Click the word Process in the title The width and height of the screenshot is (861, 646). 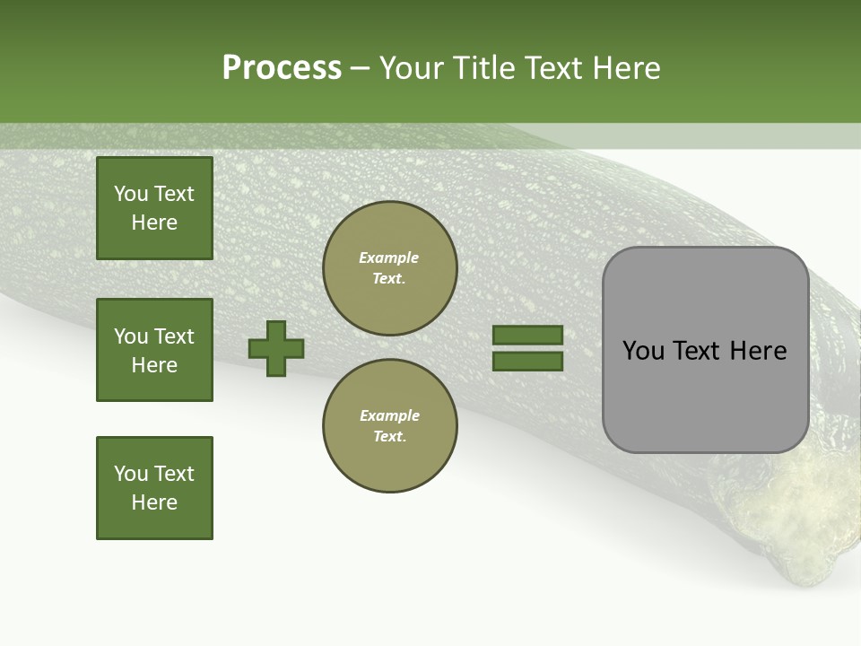282,68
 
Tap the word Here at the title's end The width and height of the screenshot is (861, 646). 624,68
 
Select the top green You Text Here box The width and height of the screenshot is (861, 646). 154,208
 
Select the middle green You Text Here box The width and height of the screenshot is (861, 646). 154,350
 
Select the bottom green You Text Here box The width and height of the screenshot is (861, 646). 154,488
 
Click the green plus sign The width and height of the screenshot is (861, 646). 276,348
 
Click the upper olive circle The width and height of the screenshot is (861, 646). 390,268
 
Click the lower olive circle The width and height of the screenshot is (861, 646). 390,425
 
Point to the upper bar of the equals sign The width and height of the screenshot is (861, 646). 527,335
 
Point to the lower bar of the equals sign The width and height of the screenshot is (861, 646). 527,361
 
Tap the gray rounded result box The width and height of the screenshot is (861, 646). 705,395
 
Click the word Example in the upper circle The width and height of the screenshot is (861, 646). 389,258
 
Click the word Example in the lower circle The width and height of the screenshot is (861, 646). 389,415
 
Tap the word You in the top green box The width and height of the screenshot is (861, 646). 130,194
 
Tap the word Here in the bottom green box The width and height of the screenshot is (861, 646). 154,502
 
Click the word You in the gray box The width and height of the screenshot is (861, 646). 643,351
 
